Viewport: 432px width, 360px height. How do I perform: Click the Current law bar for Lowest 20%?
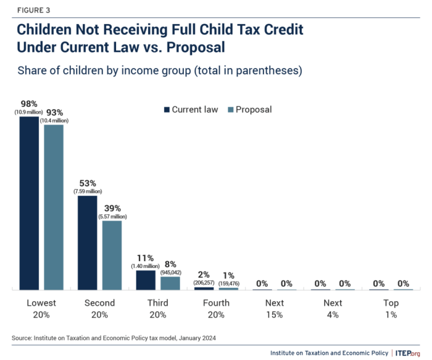pos(29,203)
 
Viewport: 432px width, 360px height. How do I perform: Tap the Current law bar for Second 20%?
pos(87,243)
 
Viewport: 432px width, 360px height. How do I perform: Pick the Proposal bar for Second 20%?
pos(112,255)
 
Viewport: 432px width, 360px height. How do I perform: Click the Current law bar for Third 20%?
pos(146,280)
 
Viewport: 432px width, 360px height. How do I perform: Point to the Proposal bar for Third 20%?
pos(170,283)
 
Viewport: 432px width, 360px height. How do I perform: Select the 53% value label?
pos(87,183)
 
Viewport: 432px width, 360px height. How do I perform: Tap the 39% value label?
pos(112,208)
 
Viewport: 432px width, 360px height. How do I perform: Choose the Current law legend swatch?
pos(167,110)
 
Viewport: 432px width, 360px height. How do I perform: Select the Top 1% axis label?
pos(391,309)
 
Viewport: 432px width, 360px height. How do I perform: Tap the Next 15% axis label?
pos(274,309)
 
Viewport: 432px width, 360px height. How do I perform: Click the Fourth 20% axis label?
pos(216,309)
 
